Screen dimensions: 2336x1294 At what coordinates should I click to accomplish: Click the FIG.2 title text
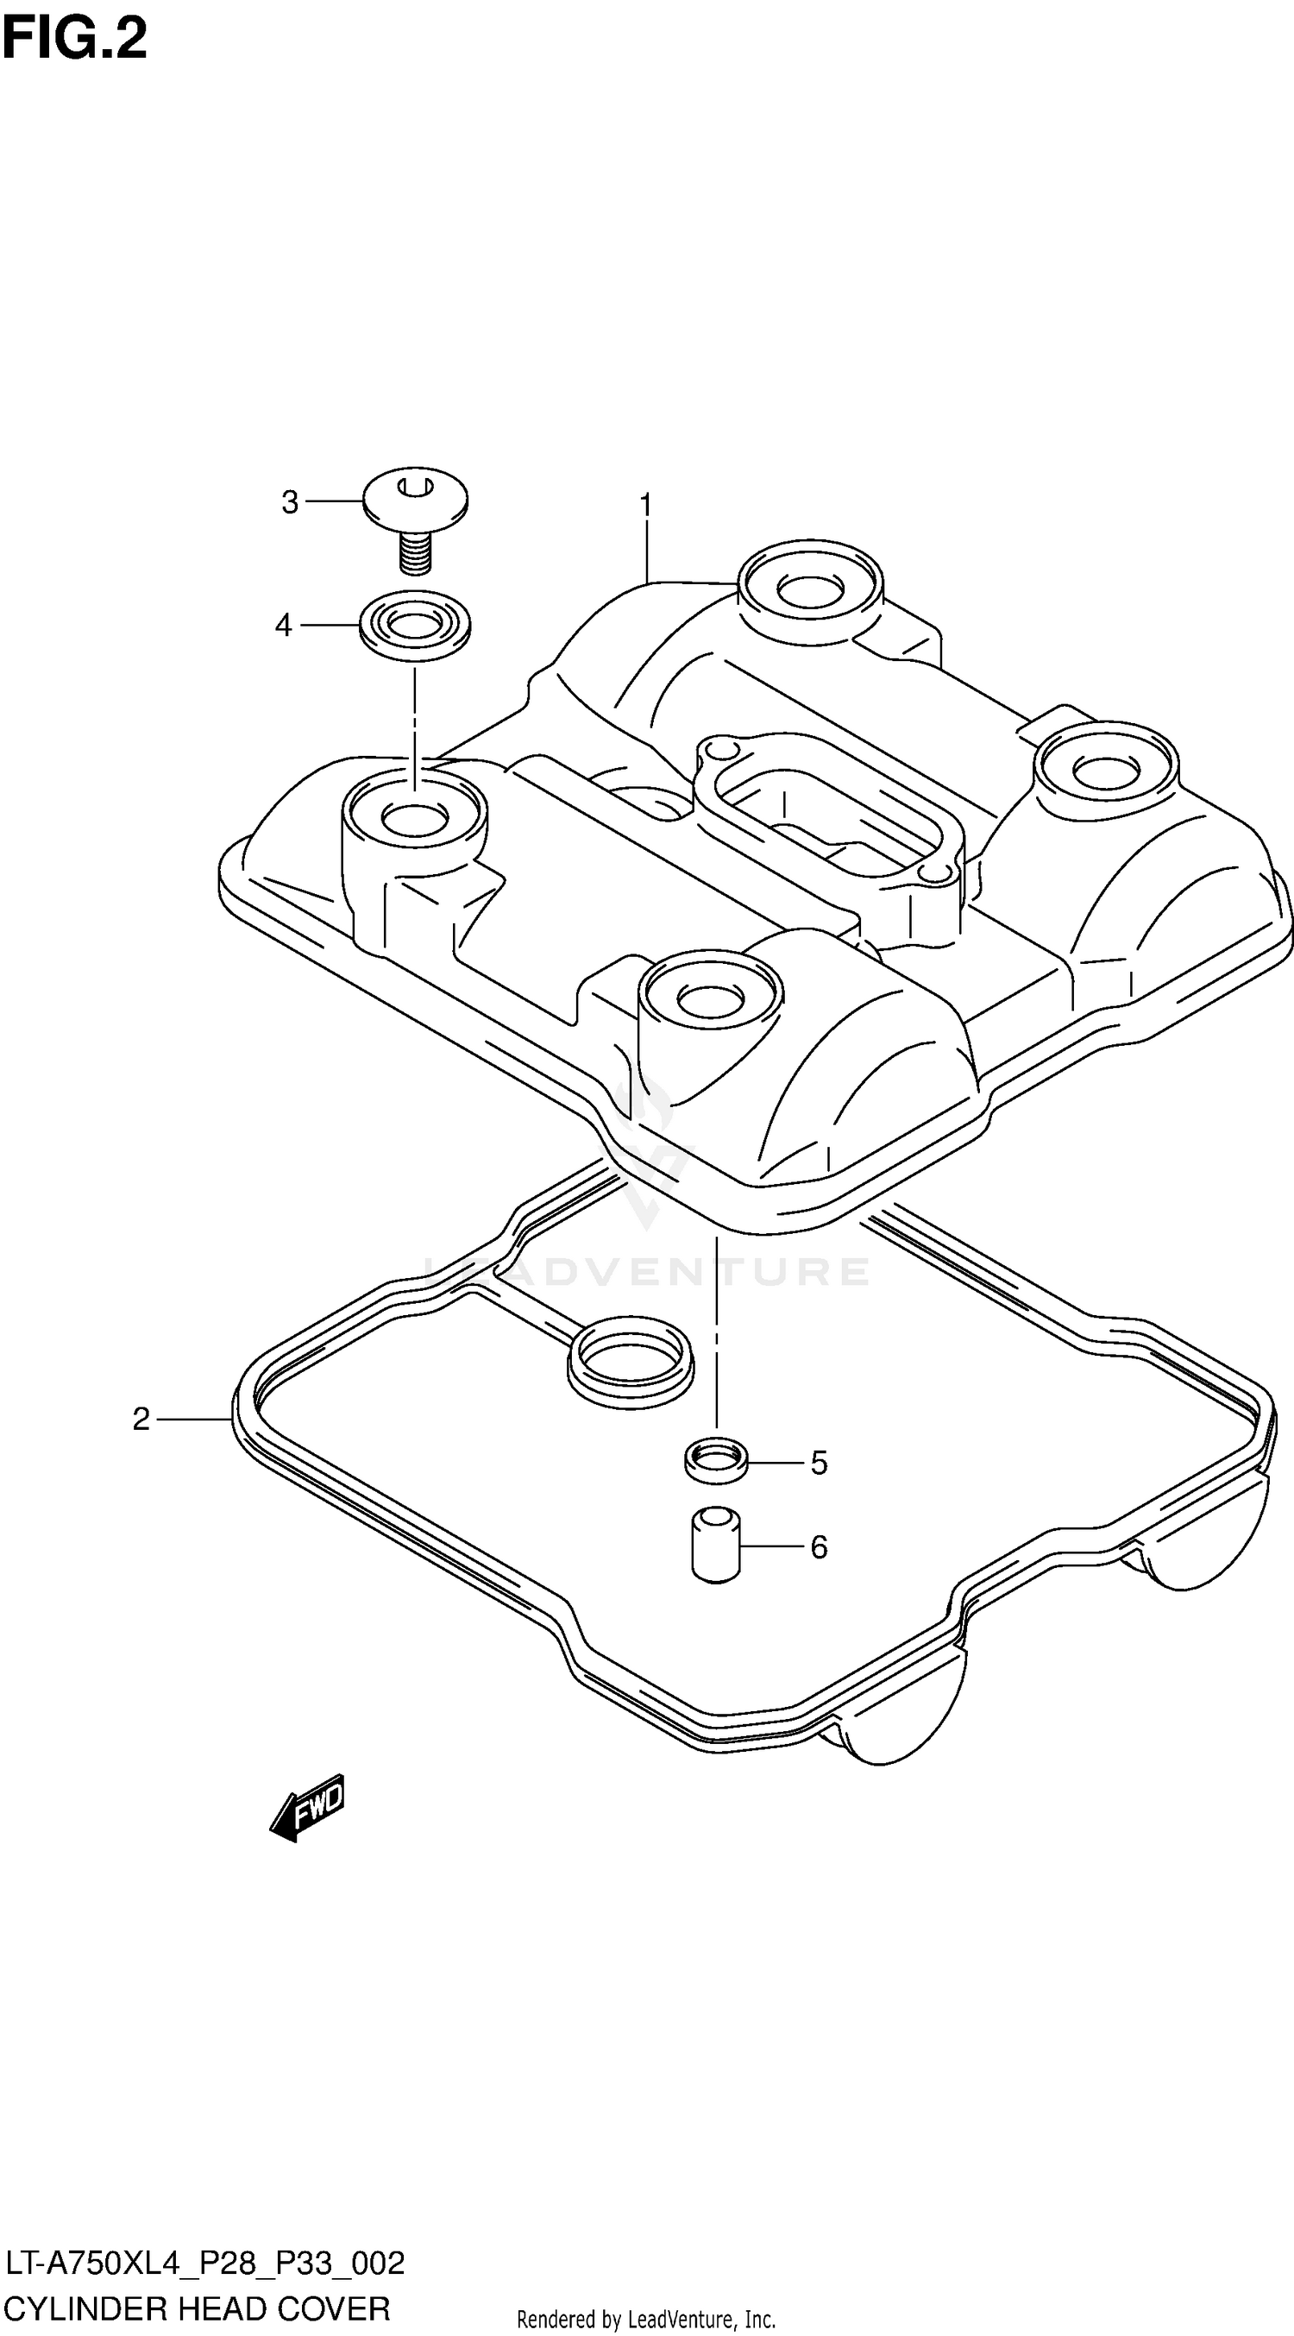pyautogui.click(x=74, y=40)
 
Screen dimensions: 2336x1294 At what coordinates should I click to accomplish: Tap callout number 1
pyautogui.click(x=645, y=504)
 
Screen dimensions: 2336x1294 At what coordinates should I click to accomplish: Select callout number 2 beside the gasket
pyautogui.click(x=141, y=1419)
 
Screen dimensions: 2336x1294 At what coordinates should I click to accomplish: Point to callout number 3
pyautogui.click(x=289, y=501)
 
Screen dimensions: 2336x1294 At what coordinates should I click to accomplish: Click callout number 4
pyautogui.click(x=284, y=625)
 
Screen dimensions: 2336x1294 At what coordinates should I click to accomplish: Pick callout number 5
pyautogui.click(x=819, y=1463)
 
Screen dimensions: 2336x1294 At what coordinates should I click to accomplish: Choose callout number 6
pyautogui.click(x=819, y=1546)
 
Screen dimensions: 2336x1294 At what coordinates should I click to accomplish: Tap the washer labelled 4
pyautogui.click(x=415, y=627)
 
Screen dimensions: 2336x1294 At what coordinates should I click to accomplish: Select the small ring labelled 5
pyautogui.click(x=716, y=1460)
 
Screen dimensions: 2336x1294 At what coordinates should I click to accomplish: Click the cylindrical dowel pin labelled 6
pyautogui.click(x=716, y=1545)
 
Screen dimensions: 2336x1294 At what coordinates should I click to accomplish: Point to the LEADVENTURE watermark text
pyautogui.click(x=645, y=1271)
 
